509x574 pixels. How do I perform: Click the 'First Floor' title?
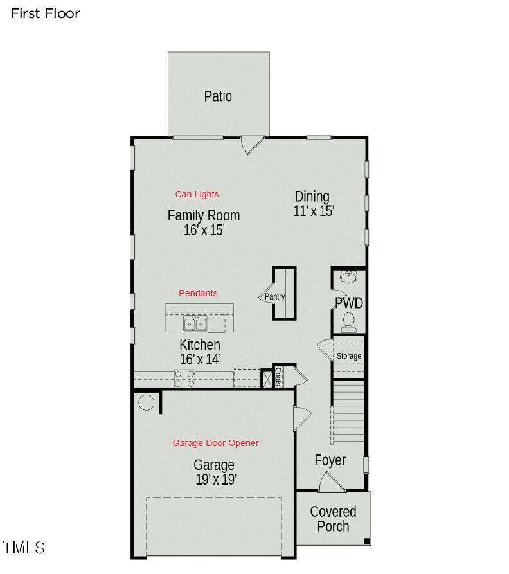pyautogui.click(x=45, y=13)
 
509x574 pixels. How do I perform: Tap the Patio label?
pyautogui.click(x=218, y=96)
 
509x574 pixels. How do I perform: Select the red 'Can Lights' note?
pyautogui.click(x=197, y=194)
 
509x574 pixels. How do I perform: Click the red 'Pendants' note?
pyautogui.click(x=198, y=293)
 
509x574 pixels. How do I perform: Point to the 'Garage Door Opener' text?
pyautogui.click(x=215, y=443)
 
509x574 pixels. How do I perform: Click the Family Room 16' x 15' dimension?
pyautogui.click(x=204, y=230)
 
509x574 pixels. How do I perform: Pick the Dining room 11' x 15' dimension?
pyautogui.click(x=314, y=211)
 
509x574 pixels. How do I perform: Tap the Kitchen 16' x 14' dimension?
pyautogui.click(x=200, y=359)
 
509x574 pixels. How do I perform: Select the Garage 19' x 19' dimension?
pyautogui.click(x=215, y=480)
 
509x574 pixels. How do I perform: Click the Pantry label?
pyautogui.click(x=274, y=297)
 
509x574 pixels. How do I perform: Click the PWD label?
pyautogui.click(x=349, y=303)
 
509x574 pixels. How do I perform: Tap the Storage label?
pyautogui.click(x=349, y=356)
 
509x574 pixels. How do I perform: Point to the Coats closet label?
pyautogui.click(x=278, y=377)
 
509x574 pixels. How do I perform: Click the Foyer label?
pyautogui.click(x=330, y=460)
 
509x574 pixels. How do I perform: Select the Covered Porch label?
pyautogui.click(x=333, y=519)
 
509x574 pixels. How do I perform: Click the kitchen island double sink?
pyautogui.click(x=194, y=323)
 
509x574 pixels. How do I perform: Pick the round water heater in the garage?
pyautogui.click(x=147, y=402)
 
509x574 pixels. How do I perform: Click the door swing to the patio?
pyautogui.click(x=252, y=144)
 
